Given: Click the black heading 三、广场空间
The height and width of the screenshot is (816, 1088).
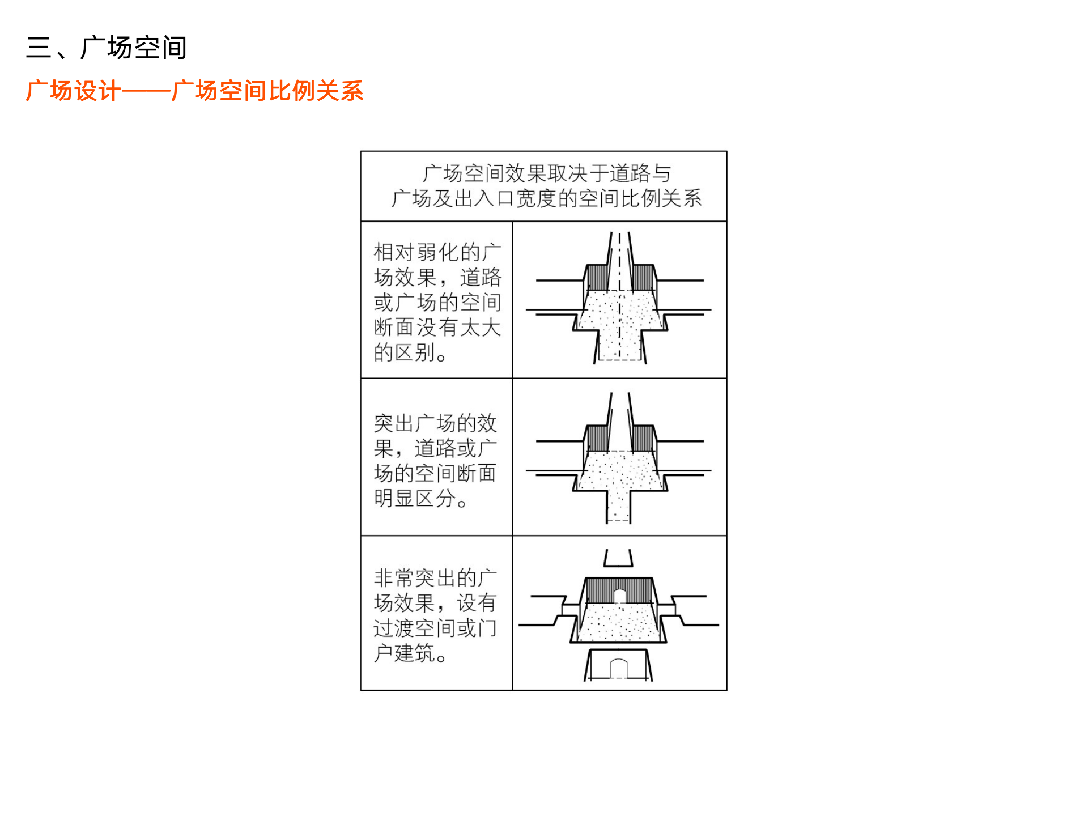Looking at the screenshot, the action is coord(106,48).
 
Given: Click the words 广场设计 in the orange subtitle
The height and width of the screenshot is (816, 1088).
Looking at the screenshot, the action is coord(73,91).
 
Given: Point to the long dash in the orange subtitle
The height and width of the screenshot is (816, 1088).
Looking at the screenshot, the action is coord(146,91).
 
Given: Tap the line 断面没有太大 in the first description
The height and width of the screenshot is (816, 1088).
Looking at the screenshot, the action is coord(437,328).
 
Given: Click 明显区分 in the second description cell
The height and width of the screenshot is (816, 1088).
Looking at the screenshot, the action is coord(415,499).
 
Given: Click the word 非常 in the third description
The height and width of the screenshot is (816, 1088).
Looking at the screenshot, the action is coord(394,579).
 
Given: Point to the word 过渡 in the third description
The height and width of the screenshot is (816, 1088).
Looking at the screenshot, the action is coord(394,628).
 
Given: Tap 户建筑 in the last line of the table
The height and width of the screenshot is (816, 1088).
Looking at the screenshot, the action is coord(405,653).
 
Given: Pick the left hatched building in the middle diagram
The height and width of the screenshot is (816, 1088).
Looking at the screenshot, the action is coord(597,439).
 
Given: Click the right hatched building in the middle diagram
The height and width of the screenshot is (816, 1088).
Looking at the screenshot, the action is coord(643,439).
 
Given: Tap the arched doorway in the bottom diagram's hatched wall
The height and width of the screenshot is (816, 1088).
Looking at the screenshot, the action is coord(619,597).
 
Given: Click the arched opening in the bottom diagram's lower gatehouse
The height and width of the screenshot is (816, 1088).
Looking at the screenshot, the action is coord(618,669).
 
